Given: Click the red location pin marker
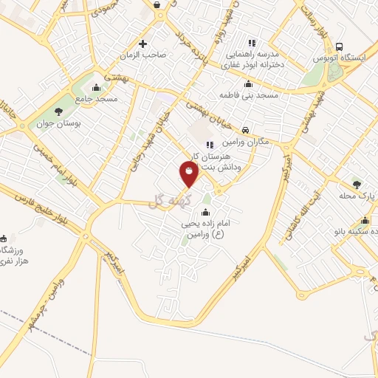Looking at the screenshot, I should tap(189, 173).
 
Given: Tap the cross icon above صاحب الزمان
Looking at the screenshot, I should tap(143, 43).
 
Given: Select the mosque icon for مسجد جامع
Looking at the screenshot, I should tap(96, 89).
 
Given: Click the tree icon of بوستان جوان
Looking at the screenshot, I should tap(58, 111).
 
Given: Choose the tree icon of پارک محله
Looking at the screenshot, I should tap(357, 184).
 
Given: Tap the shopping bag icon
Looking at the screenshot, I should tap(159, 5).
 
